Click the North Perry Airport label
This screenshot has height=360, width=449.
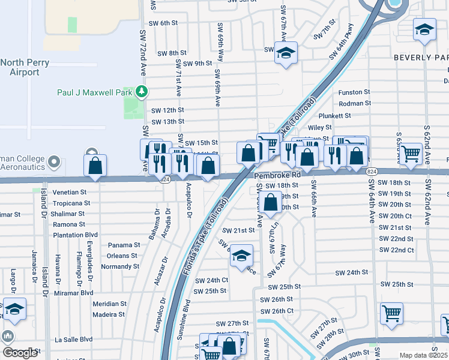coord(20,67)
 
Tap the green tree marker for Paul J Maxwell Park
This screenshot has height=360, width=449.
coord(142,92)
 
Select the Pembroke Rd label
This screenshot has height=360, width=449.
coord(277,176)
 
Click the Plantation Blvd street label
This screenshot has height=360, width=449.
coord(75,235)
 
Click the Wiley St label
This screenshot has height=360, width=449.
coord(319,127)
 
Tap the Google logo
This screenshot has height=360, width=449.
coord(20,353)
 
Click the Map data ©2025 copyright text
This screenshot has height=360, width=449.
coord(424,356)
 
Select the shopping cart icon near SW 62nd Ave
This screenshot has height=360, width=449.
coord(411,154)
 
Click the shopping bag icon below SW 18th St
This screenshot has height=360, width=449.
coord(271,203)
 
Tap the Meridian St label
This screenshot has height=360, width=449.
coord(109,304)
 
